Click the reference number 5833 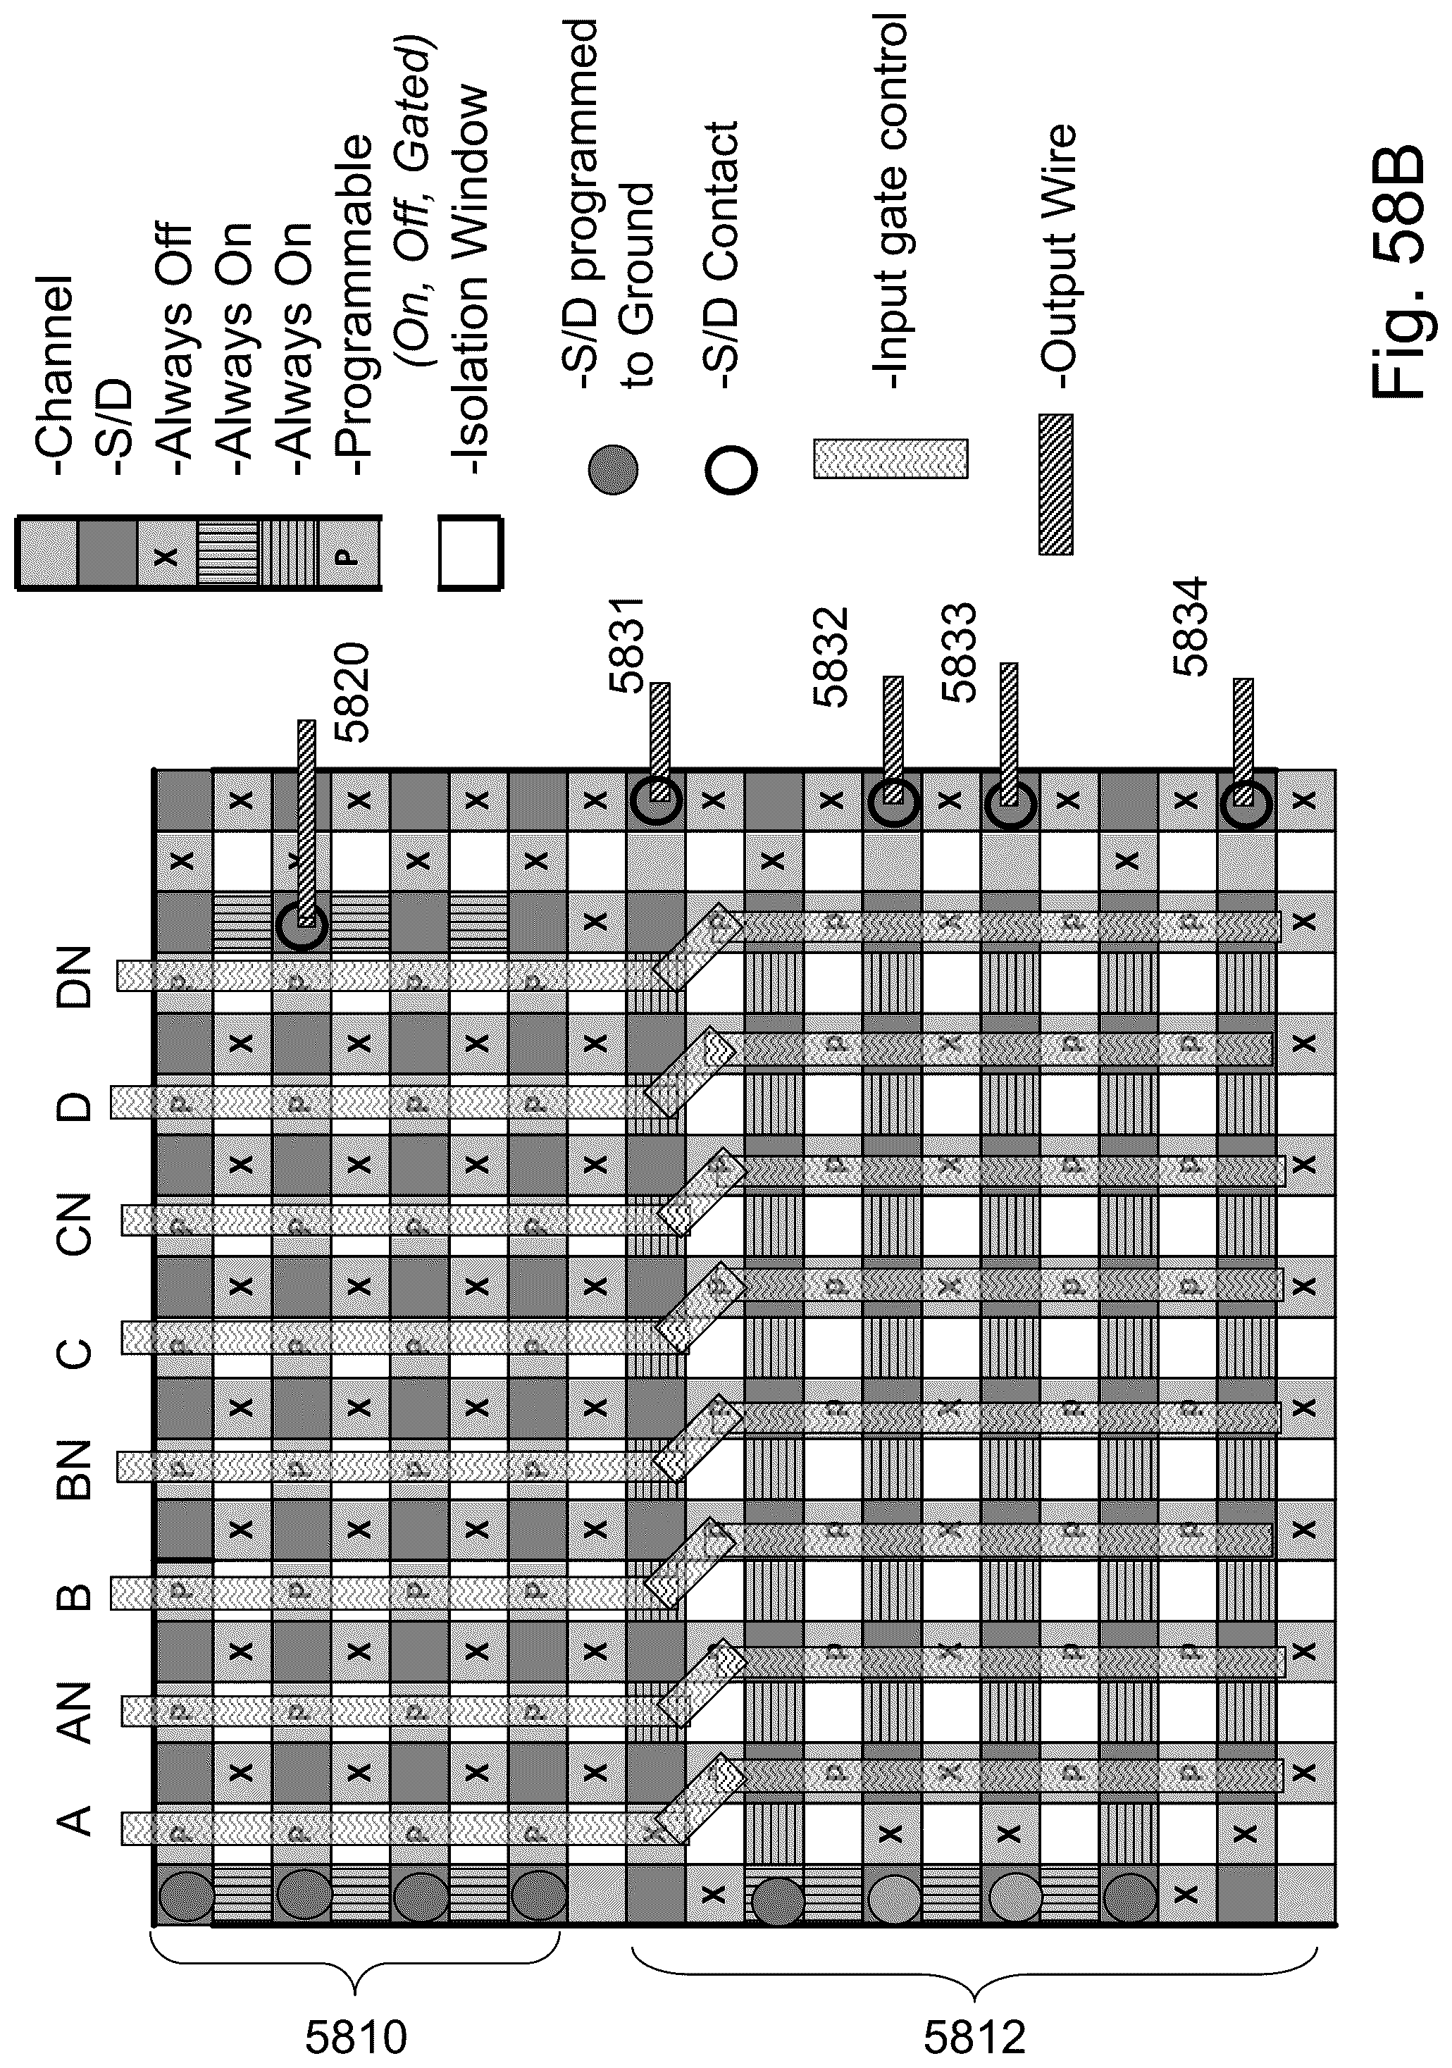click(x=957, y=652)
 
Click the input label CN click(x=75, y=1222)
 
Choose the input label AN click(x=75, y=1712)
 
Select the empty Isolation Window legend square click(x=470, y=552)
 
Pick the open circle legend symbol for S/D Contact click(x=731, y=469)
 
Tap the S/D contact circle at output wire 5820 click(x=302, y=923)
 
